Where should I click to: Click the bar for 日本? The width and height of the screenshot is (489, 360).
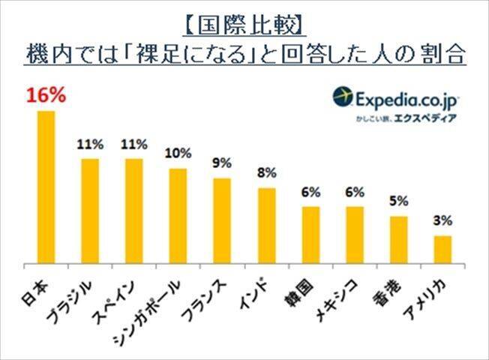tap(46, 187)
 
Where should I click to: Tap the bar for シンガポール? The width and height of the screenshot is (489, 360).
tap(178, 217)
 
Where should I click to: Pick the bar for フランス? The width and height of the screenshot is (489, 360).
tap(222, 221)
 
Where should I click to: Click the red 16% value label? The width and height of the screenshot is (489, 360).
tap(46, 97)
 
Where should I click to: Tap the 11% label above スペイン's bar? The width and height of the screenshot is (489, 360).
tap(134, 144)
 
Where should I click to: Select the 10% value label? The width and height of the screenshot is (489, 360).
tap(178, 154)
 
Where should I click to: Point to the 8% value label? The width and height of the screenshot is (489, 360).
tap(267, 173)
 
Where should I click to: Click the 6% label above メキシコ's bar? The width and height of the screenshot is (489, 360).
tap(355, 192)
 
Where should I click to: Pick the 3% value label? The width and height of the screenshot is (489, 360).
tap(443, 221)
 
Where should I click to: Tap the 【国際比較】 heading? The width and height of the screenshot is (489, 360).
tap(244, 26)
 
